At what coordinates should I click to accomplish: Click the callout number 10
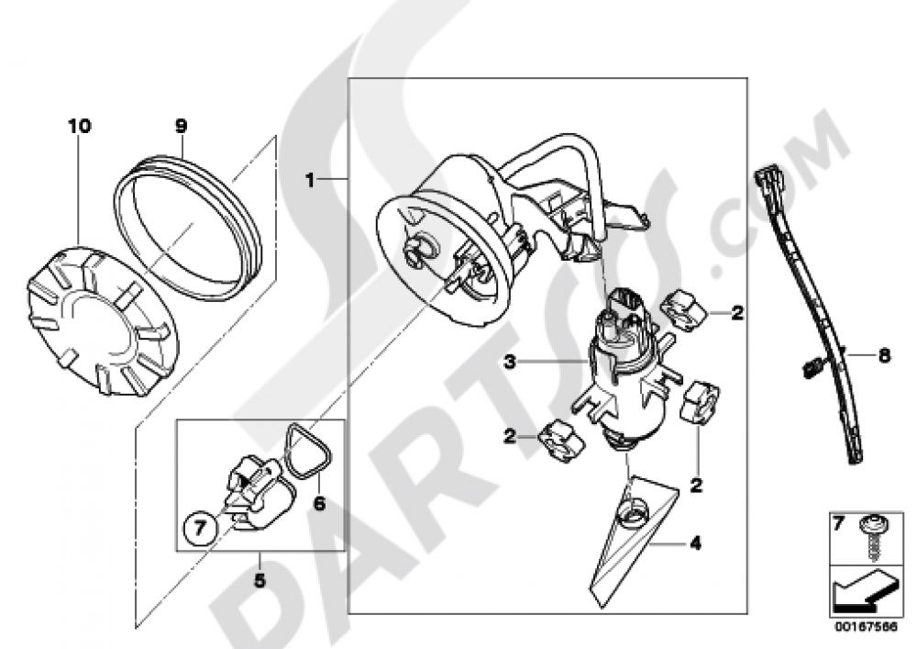(x=80, y=126)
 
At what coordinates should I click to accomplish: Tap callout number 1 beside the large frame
(x=310, y=180)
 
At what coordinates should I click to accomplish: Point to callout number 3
(x=510, y=363)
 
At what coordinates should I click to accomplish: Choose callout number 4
(x=695, y=543)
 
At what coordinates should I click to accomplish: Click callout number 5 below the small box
(x=260, y=580)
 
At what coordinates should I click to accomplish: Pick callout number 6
(x=319, y=503)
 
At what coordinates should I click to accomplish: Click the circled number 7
(x=199, y=529)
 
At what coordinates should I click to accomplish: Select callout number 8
(x=884, y=354)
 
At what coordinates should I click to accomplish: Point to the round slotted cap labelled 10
(x=103, y=319)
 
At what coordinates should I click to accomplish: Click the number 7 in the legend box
(x=838, y=524)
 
